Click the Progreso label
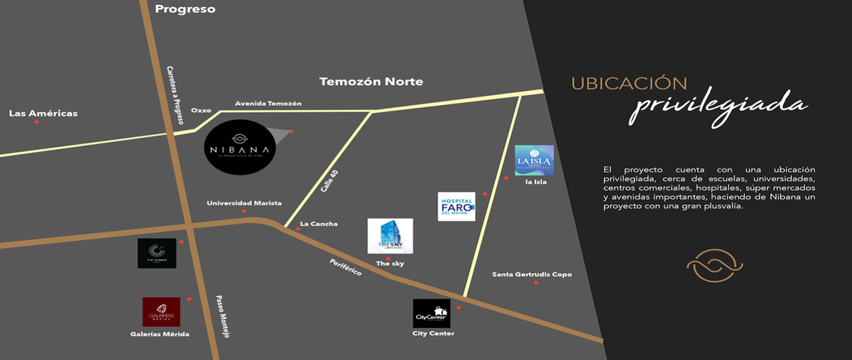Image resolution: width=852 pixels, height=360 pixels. coord(185,9)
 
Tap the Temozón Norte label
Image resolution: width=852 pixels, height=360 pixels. coord(371,82)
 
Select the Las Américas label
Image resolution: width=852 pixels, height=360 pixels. coord(43,114)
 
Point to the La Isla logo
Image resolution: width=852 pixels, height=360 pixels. coord(534,160)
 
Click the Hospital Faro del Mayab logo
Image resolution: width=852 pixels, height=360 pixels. coord(456,206)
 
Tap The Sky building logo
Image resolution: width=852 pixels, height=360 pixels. coord(390,236)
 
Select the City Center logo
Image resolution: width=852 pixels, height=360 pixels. coord(431,313)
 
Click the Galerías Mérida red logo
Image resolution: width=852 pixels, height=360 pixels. coord(161,311)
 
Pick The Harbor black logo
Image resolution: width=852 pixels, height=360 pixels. coord(157,253)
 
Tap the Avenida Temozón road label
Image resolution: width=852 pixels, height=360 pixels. coord(268,104)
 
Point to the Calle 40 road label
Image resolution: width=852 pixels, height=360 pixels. coord(327,181)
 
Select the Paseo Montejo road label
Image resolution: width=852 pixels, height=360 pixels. coord(224,317)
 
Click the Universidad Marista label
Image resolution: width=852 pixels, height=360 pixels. coord(244,203)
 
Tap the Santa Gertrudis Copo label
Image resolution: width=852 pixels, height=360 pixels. coord(532,275)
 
